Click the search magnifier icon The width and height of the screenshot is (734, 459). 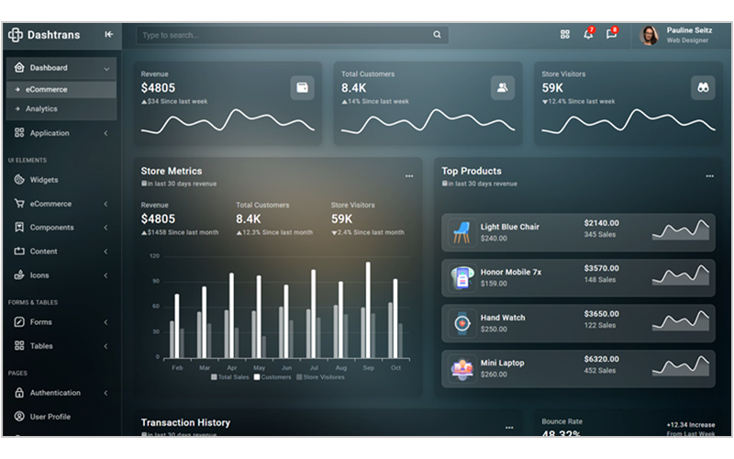coord(438,35)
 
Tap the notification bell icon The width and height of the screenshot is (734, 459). coord(587,35)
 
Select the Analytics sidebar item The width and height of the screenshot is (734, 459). coord(41,108)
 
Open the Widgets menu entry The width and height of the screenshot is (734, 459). coord(43,180)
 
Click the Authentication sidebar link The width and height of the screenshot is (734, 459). coord(55,393)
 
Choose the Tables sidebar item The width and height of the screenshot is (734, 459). coord(41,346)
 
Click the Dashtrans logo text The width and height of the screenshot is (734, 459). coord(53,35)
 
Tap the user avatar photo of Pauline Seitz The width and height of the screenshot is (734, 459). coord(650,35)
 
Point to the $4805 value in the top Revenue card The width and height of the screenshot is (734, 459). coord(157,88)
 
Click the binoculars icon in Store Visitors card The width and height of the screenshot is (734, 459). coord(703,87)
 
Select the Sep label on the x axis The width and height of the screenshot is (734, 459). coord(368,367)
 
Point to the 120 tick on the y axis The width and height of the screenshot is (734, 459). coord(154,256)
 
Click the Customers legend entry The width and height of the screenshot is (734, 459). coord(273,376)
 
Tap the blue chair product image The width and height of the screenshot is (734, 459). coord(462,232)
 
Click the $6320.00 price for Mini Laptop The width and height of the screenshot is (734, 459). coord(602,359)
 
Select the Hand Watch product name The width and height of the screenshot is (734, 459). coord(503,318)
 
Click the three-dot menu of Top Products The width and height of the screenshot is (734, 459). coord(709,175)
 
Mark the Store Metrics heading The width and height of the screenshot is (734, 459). coord(172,171)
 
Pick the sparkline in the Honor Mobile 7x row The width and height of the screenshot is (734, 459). coord(682,274)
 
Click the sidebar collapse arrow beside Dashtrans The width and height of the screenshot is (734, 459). coord(109,35)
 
